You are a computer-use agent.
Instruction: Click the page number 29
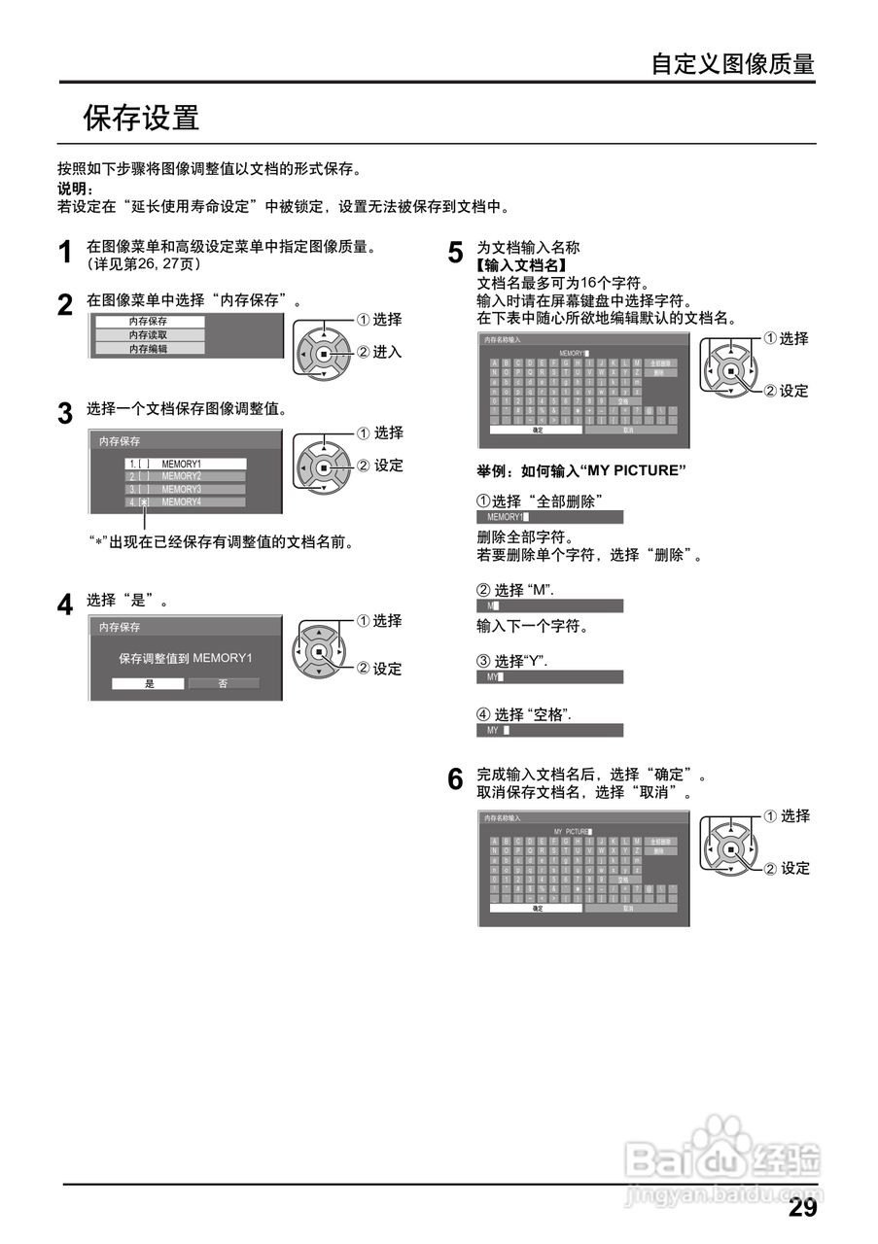click(x=802, y=1208)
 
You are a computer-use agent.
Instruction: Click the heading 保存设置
click(x=141, y=118)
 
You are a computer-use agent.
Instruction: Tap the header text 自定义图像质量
click(x=732, y=64)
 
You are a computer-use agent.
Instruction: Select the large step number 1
click(x=65, y=254)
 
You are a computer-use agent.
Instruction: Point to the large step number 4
click(x=65, y=605)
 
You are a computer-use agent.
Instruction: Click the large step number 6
click(x=455, y=779)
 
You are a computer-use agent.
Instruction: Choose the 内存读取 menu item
click(x=149, y=334)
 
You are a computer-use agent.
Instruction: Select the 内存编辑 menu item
click(x=149, y=348)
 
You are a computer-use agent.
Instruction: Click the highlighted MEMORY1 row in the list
click(x=185, y=464)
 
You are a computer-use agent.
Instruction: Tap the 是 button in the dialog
click(x=149, y=683)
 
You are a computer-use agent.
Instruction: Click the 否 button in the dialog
click(x=223, y=683)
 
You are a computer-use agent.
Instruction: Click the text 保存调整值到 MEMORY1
click(x=186, y=658)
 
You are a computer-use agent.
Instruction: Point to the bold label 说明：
click(x=75, y=189)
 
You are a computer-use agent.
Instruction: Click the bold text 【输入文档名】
click(x=521, y=264)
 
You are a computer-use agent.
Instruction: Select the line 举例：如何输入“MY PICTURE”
click(x=581, y=470)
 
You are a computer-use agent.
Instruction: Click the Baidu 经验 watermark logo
click(x=724, y=1158)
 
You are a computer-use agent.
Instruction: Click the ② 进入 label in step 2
click(x=380, y=352)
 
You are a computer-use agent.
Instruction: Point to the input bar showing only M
click(x=549, y=605)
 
